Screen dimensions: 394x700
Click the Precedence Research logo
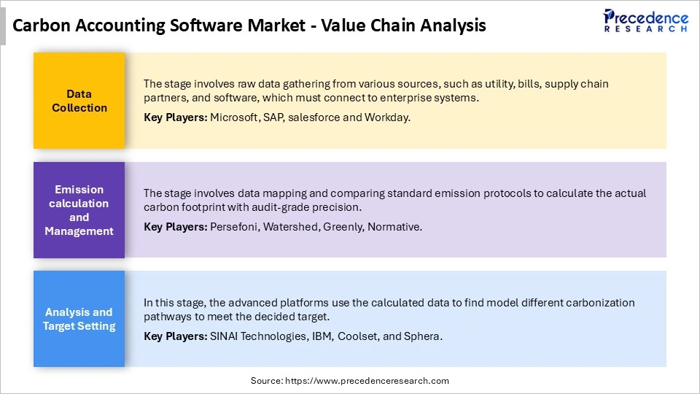(645, 20)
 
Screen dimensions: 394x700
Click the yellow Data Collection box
(79, 101)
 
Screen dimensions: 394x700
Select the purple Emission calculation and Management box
(79, 210)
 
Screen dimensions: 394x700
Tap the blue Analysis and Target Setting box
(79, 319)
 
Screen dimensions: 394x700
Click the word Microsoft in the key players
(233, 117)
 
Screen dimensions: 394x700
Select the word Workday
(387, 117)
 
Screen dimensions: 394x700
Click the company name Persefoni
(234, 227)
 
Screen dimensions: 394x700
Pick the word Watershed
(289, 227)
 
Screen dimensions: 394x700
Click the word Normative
(394, 227)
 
